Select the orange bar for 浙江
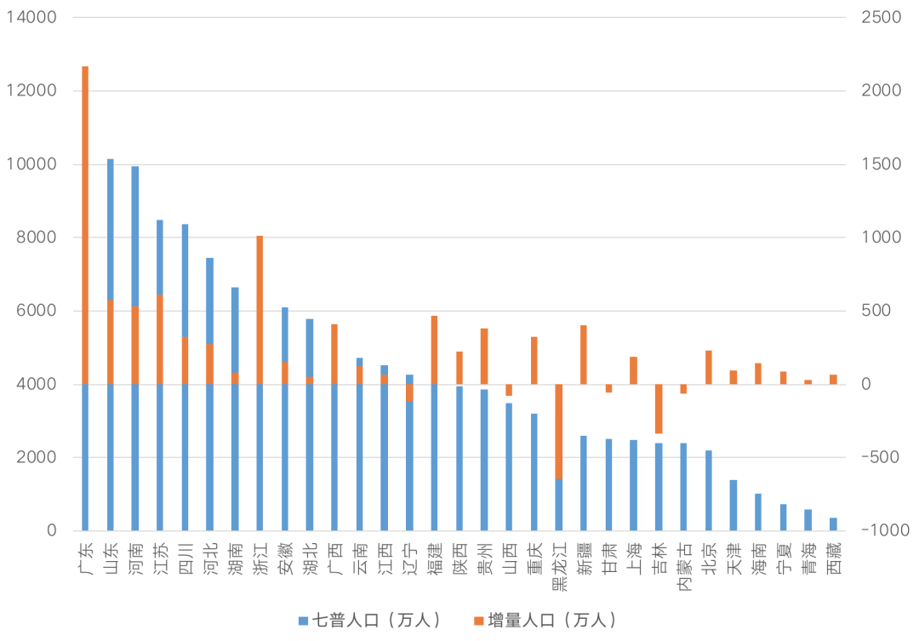click(260, 310)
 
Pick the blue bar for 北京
click(709, 490)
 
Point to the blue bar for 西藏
click(833, 524)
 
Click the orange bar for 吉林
click(659, 409)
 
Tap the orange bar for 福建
click(434, 350)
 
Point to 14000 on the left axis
click(31, 17)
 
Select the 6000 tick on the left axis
click(36, 311)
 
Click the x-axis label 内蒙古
click(684, 565)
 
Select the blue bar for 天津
click(733, 506)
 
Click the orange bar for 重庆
click(534, 361)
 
